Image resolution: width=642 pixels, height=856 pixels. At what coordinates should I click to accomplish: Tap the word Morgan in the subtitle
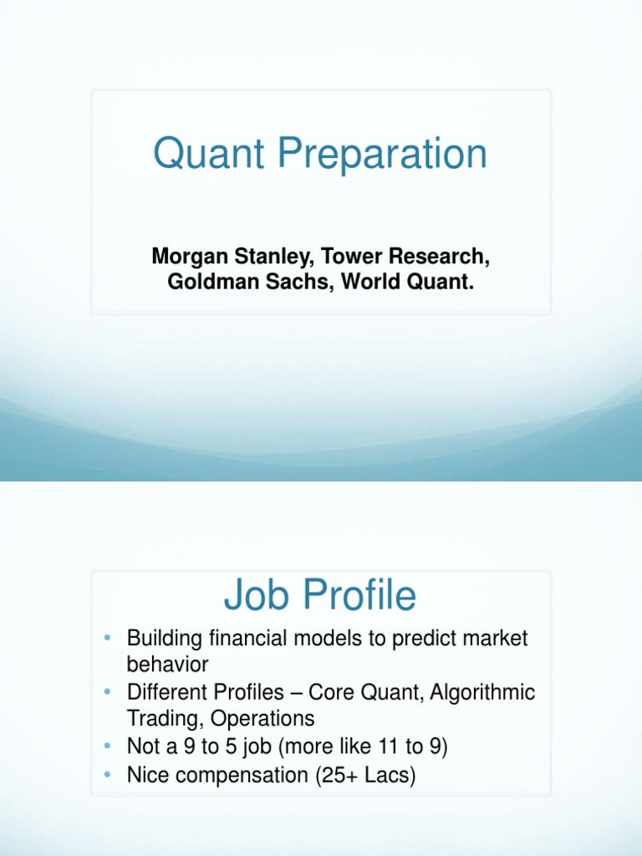click(187, 256)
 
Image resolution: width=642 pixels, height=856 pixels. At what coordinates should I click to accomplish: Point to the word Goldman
click(206, 282)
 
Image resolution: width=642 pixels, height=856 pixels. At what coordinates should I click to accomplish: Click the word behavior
click(167, 665)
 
